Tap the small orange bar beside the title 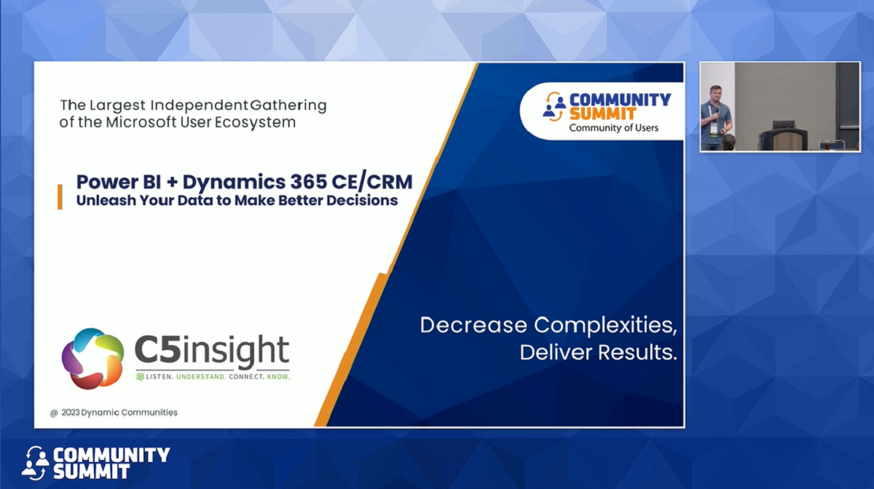60,196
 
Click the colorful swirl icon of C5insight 92,358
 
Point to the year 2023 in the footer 70,413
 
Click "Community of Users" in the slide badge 613,128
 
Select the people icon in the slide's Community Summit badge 554,107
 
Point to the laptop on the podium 783,125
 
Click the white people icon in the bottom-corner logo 34,462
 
